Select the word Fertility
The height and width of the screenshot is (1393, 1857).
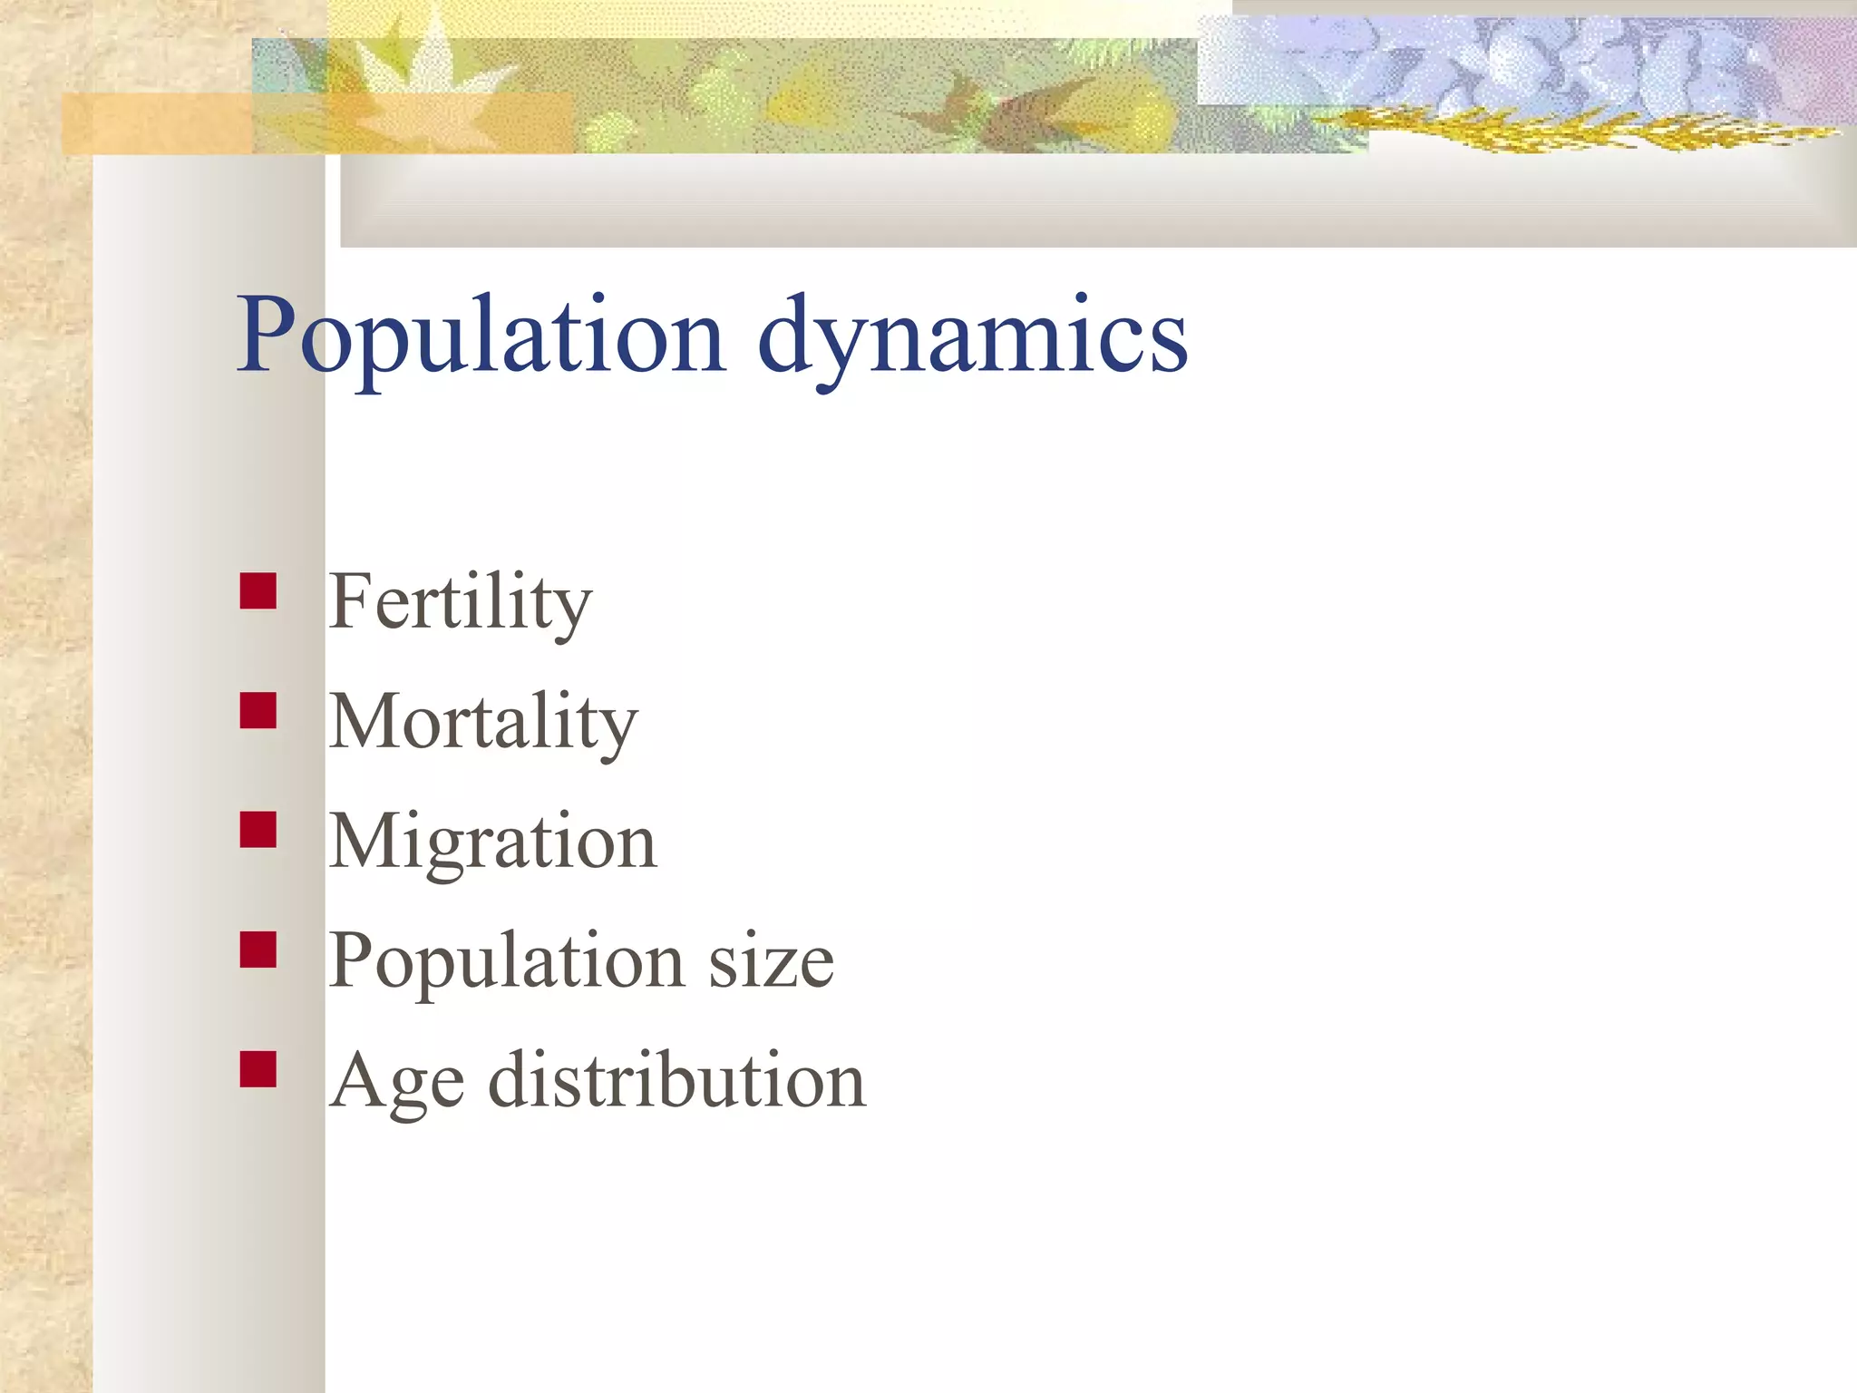(460, 602)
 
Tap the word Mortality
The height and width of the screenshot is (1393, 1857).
(483, 722)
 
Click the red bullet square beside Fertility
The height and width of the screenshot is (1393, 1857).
(258, 591)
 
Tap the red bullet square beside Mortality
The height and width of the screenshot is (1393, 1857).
(258, 711)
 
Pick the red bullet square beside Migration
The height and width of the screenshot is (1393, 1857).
(258, 830)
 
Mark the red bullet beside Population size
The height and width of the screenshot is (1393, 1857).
(258, 950)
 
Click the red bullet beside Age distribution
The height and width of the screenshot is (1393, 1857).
(258, 1069)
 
